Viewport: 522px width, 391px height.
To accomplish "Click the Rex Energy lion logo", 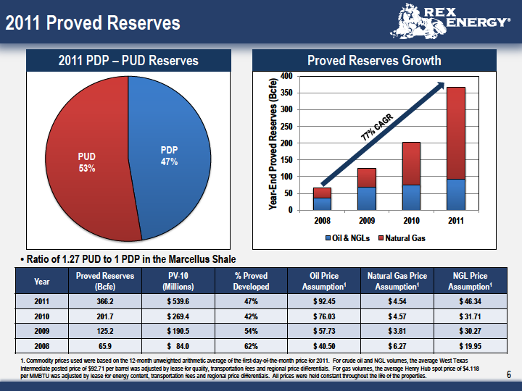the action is pyautogui.click(x=418, y=21).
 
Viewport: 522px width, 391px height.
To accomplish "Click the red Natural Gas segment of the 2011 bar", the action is pyautogui.click(x=456, y=133).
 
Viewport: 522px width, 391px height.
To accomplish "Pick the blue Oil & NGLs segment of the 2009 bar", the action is pyautogui.click(x=367, y=198).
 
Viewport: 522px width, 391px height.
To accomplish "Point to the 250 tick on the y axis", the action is pyautogui.click(x=286, y=126).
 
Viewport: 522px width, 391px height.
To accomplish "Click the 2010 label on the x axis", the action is pyautogui.click(x=411, y=220).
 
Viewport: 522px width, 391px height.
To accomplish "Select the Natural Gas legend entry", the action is pyautogui.click(x=402, y=238).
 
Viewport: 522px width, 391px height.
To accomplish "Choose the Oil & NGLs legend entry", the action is pyautogui.click(x=347, y=238).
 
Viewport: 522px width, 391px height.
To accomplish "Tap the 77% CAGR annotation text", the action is pyautogui.click(x=377, y=127).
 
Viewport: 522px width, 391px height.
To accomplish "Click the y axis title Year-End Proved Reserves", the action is pyautogui.click(x=273, y=143).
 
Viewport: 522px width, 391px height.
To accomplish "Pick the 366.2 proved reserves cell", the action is pyautogui.click(x=105, y=301).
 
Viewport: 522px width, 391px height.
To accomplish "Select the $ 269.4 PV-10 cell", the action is pyautogui.click(x=178, y=316).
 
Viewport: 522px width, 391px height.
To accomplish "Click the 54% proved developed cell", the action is pyautogui.click(x=251, y=331).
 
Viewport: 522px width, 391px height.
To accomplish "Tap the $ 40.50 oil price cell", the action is pyautogui.click(x=324, y=346).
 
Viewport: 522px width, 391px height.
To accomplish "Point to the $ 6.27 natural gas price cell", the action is pyautogui.click(x=397, y=346).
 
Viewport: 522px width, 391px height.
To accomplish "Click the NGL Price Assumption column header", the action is pyautogui.click(x=470, y=281).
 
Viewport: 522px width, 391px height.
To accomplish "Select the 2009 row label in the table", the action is pyautogui.click(x=41, y=331).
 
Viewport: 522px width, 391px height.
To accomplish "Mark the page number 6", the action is pyautogui.click(x=509, y=375).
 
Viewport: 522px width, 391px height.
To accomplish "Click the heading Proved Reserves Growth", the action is pyautogui.click(x=374, y=61).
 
